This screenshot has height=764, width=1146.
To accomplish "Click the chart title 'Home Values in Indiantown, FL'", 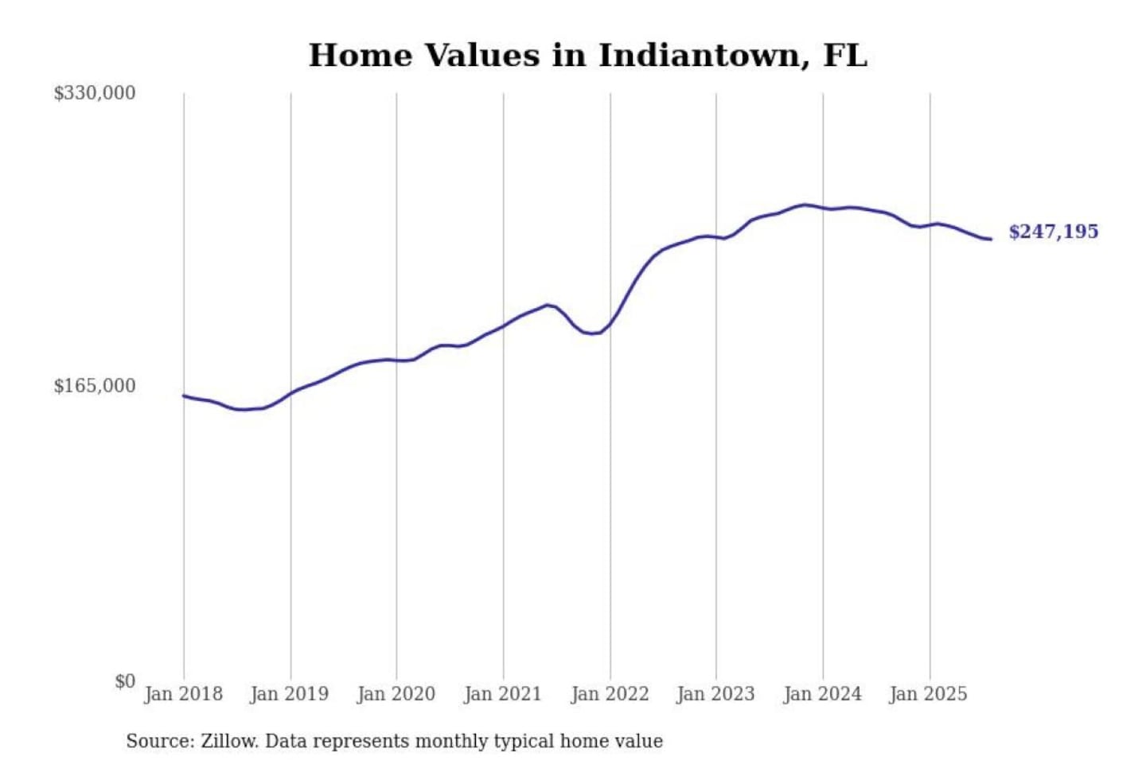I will point(587,56).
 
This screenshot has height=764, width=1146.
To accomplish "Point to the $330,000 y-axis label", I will point(94,93).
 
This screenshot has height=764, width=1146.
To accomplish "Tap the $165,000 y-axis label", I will point(94,386).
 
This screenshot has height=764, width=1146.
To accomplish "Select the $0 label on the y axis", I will point(124,681).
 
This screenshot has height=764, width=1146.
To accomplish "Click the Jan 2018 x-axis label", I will point(183,694).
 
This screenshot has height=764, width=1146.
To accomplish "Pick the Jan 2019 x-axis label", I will point(289,694).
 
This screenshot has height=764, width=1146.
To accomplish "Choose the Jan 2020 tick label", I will point(396,694).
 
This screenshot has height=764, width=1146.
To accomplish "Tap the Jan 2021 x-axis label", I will point(502,694).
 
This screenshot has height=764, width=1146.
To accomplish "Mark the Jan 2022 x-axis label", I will point(610,694).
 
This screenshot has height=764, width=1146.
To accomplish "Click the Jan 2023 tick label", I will point(715,694).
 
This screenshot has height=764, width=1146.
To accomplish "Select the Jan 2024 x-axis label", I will point(822,694).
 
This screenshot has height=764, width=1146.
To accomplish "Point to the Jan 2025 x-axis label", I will point(928,694).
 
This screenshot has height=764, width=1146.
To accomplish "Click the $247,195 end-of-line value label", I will point(1053,232).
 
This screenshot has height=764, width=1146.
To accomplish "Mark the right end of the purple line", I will point(991,239).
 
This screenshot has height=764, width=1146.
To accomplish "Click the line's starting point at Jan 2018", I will point(184,396).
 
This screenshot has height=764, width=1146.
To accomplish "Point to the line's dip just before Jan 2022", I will point(593,333).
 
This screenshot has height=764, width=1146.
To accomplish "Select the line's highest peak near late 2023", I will point(805,205).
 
